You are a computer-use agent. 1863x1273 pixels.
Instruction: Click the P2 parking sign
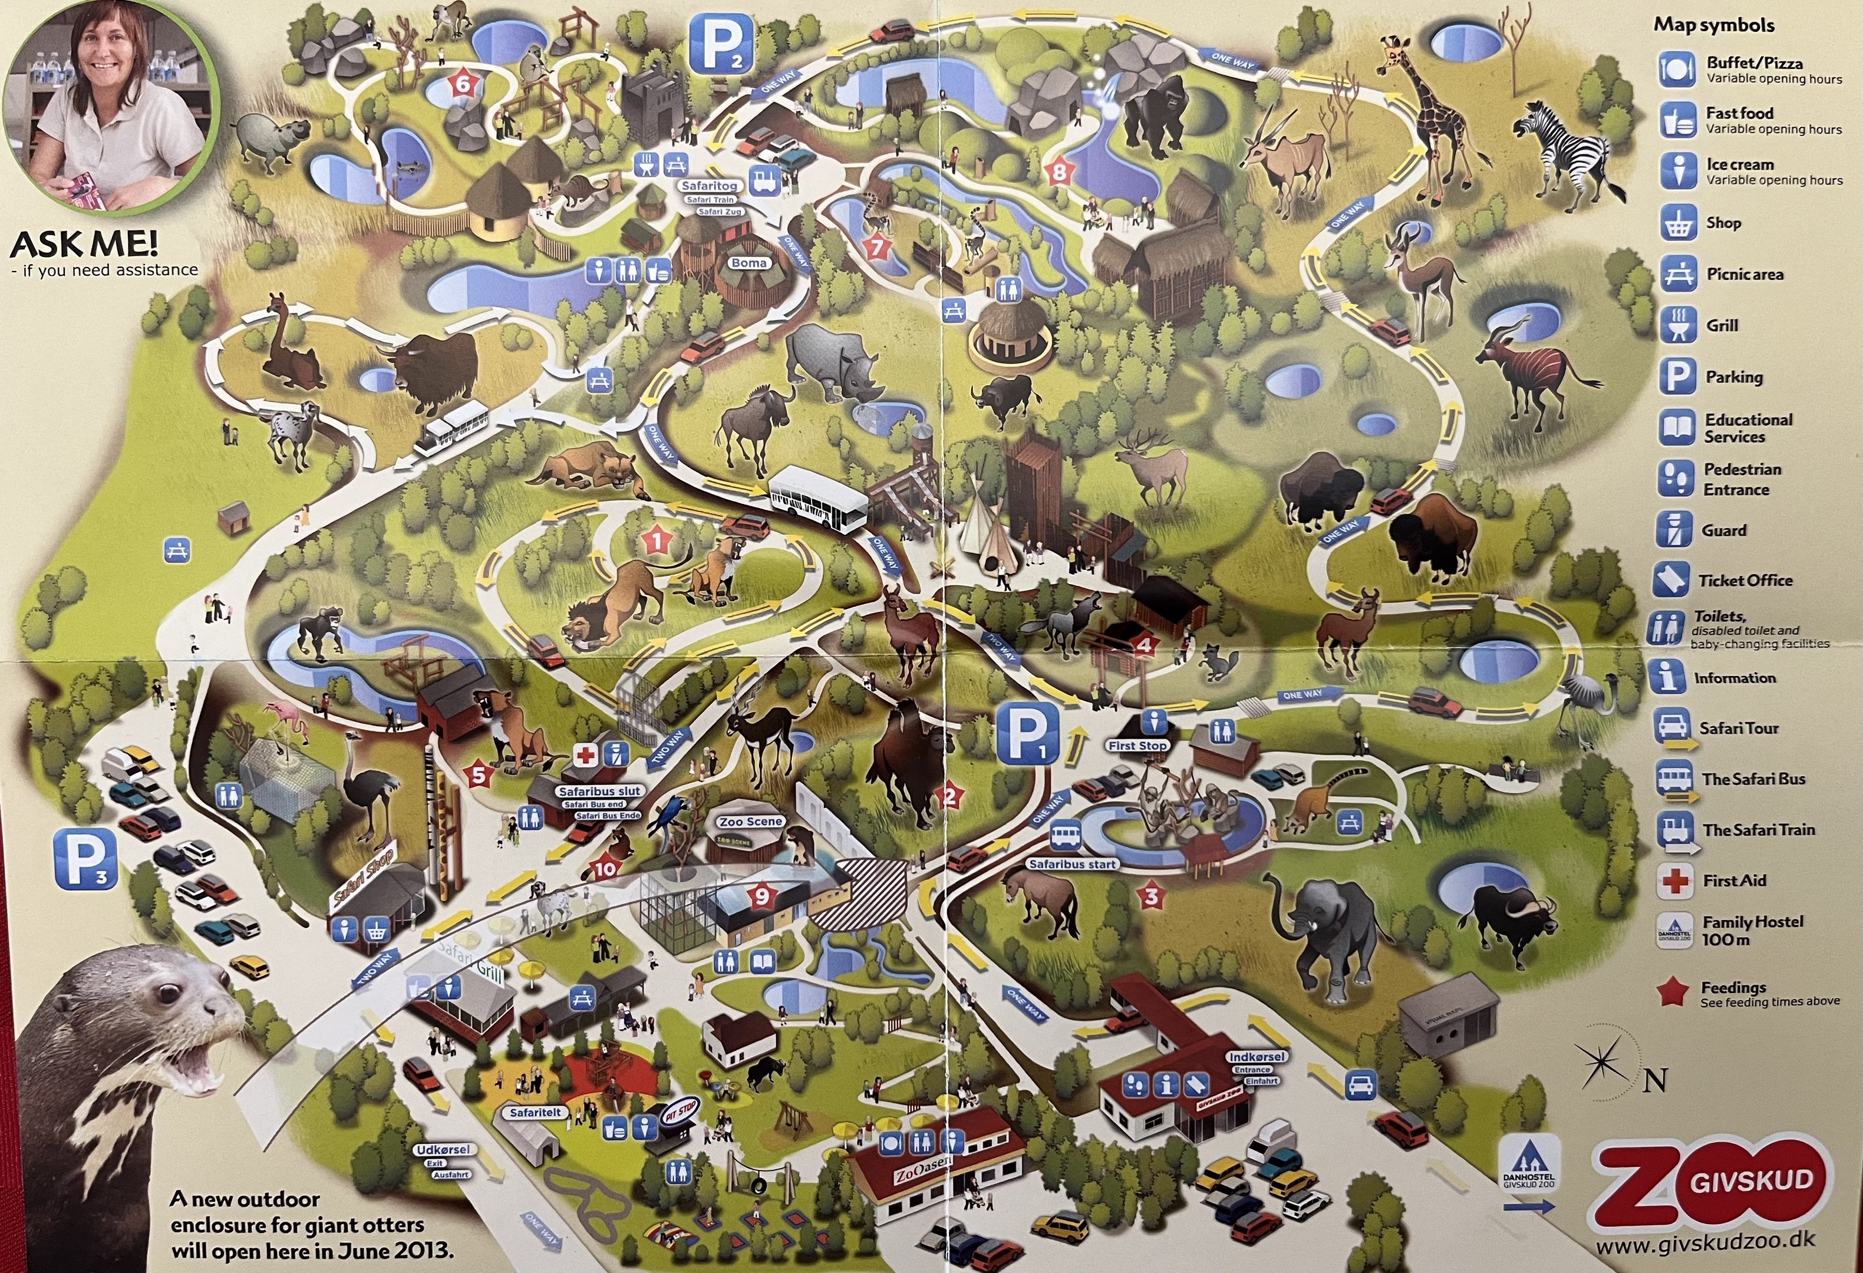721,44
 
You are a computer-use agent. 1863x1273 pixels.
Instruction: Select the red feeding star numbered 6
463,83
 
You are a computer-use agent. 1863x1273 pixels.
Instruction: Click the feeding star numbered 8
1060,171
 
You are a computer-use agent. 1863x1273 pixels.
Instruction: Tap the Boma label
749,263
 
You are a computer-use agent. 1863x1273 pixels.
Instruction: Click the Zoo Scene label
750,822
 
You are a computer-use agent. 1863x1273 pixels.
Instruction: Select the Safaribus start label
1073,864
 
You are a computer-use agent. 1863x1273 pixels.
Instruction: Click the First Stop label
1137,746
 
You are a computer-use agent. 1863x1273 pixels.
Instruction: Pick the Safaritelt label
536,1112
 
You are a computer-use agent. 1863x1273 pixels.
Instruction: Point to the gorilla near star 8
1155,112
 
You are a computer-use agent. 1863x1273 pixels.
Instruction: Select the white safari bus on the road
817,499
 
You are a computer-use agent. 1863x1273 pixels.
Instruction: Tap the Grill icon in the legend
1677,325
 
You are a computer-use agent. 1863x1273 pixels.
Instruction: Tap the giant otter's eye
169,994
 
